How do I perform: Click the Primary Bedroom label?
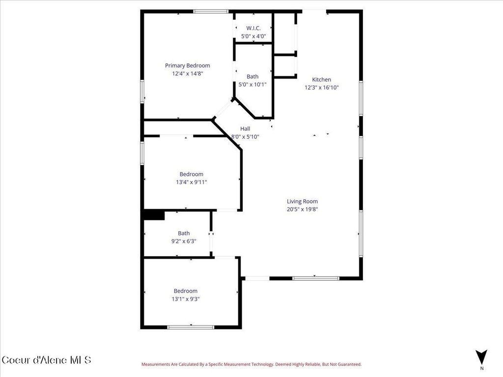pyautogui.click(x=187, y=66)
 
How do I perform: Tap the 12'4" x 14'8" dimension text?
pyautogui.click(x=187, y=74)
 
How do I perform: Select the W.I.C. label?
pyautogui.click(x=253, y=28)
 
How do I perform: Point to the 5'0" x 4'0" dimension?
pyautogui.click(x=253, y=36)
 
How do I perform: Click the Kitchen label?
pyautogui.click(x=322, y=80)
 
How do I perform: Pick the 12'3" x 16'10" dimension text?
pyautogui.click(x=322, y=87)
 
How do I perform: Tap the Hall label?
pyautogui.click(x=245, y=129)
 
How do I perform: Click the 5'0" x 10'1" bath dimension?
pyautogui.click(x=252, y=84)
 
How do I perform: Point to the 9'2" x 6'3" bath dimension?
pyautogui.click(x=184, y=241)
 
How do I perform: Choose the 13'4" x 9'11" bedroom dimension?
pyautogui.click(x=191, y=182)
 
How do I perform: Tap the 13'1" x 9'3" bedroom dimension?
pyautogui.click(x=185, y=298)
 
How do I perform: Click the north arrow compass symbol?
pyautogui.click(x=481, y=357)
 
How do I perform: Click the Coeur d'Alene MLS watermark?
pyautogui.click(x=47, y=360)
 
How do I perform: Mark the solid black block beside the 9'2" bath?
pyautogui.click(x=153, y=215)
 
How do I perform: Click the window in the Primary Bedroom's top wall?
pyautogui.click(x=210, y=11)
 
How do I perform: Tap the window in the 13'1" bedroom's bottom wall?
pyautogui.click(x=191, y=327)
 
